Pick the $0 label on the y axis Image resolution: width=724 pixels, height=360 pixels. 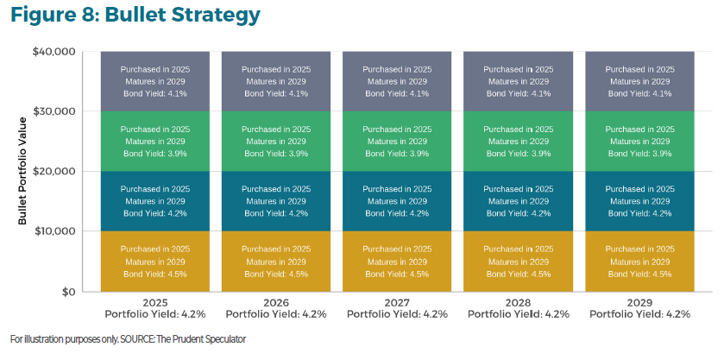coord(65,292)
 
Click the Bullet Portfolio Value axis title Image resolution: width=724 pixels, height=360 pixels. coord(23,172)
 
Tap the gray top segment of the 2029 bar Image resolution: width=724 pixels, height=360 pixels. coord(639,81)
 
